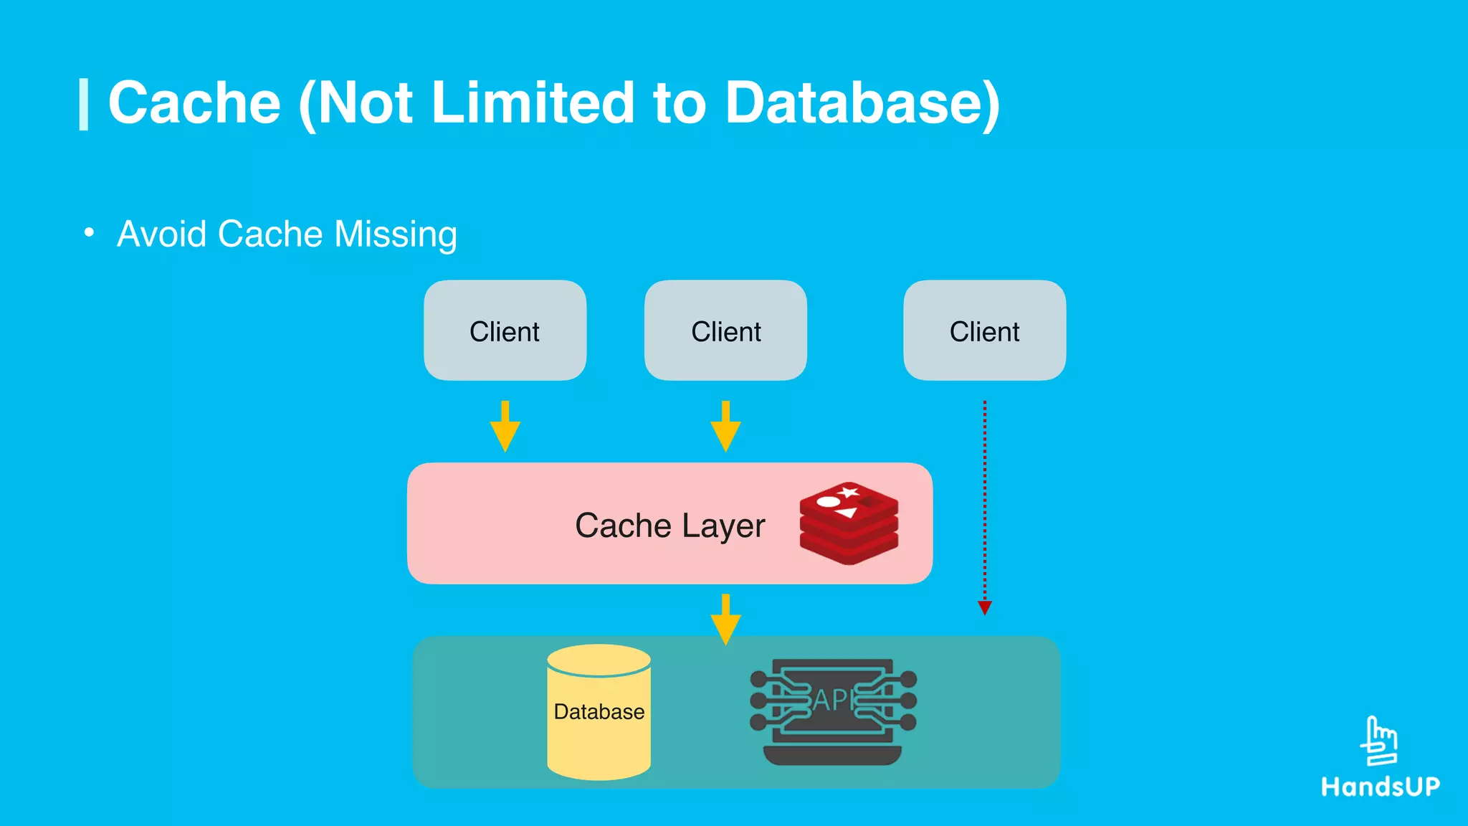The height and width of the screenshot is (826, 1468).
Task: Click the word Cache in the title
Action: click(194, 103)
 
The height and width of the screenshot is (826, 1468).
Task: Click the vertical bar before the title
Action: click(84, 105)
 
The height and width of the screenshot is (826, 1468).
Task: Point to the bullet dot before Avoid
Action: click(89, 232)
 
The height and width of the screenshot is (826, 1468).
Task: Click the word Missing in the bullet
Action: click(395, 235)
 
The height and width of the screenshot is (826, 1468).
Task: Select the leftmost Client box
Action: click(505, 331)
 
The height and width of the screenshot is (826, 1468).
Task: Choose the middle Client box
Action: click(725, 331)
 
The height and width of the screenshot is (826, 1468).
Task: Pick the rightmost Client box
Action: click(984, 331)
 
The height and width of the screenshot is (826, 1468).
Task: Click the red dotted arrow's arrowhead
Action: click(985, 608)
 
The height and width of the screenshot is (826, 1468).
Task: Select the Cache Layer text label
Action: click(669, 526)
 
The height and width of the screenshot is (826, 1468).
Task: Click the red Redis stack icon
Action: click(849, 523)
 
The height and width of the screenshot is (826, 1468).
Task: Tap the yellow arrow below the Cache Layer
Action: click(725, 619)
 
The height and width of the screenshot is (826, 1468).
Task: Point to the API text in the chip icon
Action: click(833, 700)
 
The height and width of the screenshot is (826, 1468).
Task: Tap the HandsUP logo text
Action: click(1381, 787)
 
